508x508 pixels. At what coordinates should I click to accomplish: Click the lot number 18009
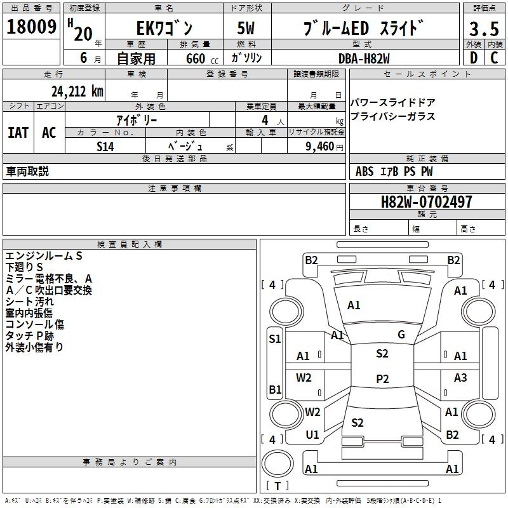point(31,27)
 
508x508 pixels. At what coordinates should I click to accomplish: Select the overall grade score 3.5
point(484,29)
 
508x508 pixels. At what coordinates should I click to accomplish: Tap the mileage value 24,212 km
point(77,91)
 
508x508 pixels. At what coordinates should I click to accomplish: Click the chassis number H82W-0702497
point(426,202)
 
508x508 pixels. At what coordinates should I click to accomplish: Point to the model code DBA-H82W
point(364,58)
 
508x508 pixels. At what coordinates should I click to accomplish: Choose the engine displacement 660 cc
point(202,59)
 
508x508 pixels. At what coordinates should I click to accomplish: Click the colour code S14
point(105,147)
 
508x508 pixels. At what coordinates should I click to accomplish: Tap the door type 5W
point(246,28)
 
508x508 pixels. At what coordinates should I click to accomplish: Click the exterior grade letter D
point(474,58)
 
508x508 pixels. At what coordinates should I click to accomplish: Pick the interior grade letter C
point(494,58)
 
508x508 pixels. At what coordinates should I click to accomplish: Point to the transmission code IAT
point(18,133)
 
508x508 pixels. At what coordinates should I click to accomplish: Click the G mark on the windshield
point(401,335)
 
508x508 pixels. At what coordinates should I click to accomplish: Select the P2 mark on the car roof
point(382,378)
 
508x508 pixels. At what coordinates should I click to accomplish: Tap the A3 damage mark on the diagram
point(460,377)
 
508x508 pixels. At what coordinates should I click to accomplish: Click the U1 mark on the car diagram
point(312,435)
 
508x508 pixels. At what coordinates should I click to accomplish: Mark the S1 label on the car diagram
point(275,339)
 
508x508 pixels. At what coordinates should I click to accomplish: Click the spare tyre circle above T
point(277,464)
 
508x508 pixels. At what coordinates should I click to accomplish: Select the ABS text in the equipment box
point(364,171)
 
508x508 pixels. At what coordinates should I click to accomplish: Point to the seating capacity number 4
point(265,120)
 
